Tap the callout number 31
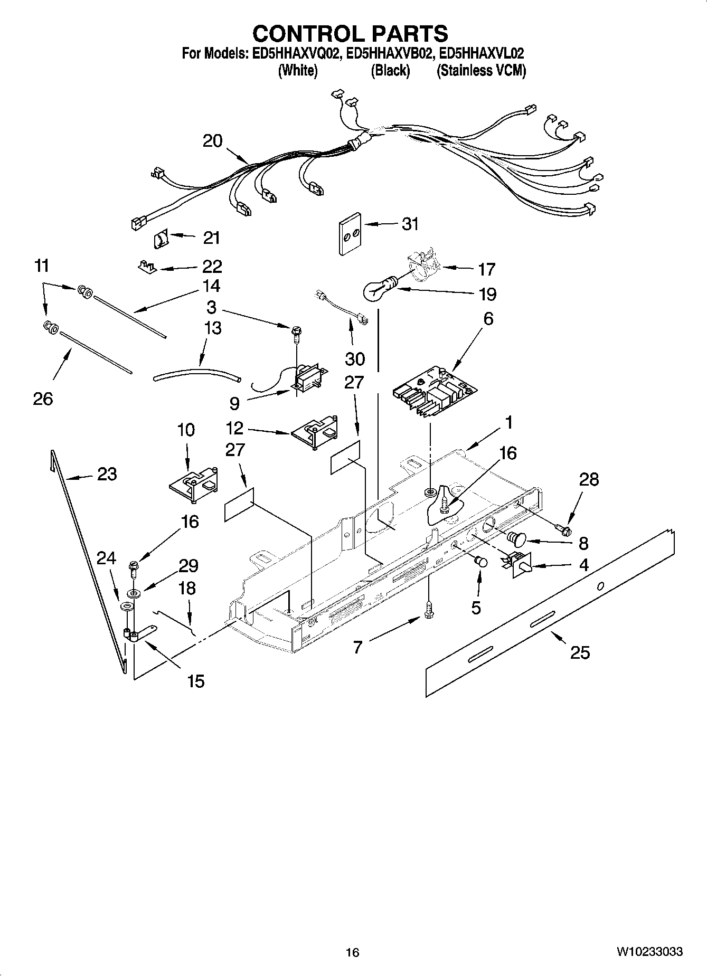point(410,224)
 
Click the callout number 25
point(580,652)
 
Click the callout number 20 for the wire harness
point(212,141)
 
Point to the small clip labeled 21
point(160,240)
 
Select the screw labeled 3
point(296,333)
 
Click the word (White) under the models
point(297,71)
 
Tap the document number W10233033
point(649,951)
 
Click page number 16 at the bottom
point(352,952)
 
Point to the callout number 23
point(107,473)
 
